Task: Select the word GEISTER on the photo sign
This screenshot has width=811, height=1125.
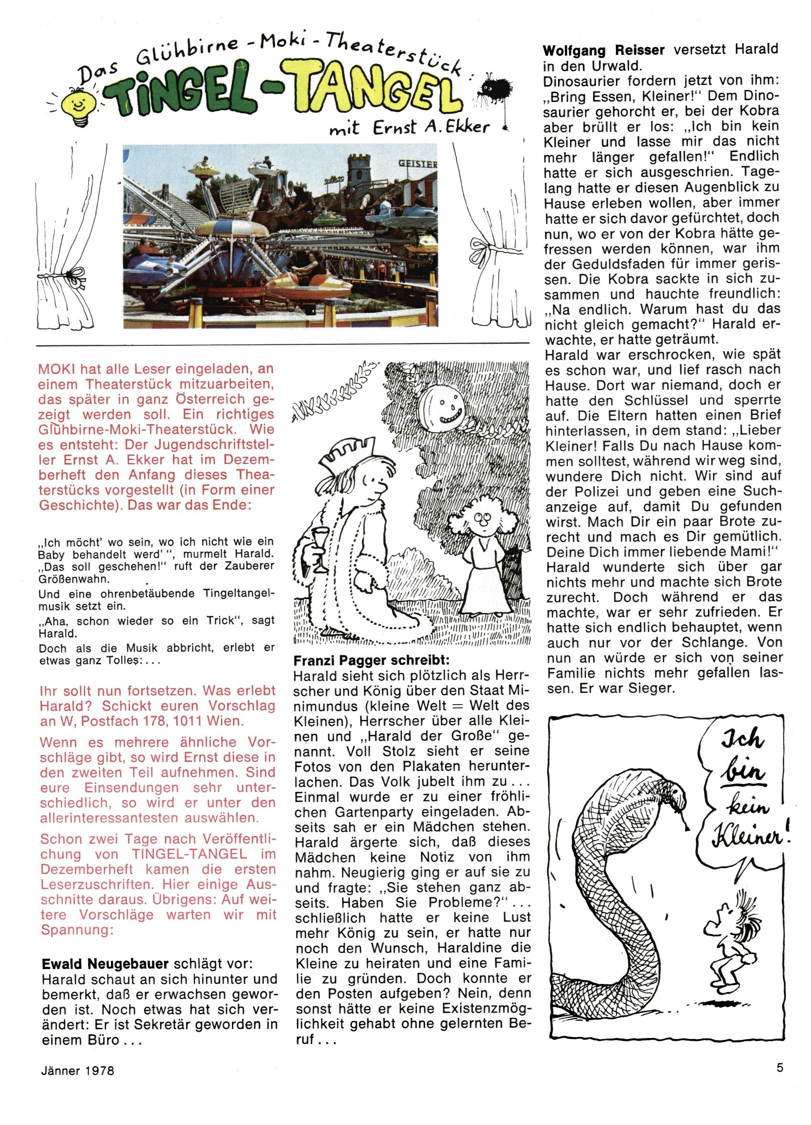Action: pos(418,163)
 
